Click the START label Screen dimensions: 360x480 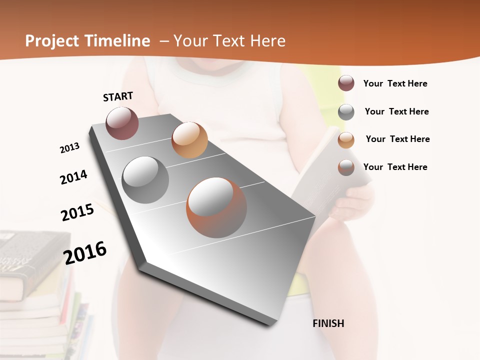(118, 96)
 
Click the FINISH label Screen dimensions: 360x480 (328, 323)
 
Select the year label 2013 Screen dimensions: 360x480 (69, 148)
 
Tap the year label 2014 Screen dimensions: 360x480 (73, 177)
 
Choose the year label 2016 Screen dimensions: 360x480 (85, 252)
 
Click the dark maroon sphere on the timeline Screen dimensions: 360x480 (122, 123)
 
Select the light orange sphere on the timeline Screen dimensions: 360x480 (189, 140)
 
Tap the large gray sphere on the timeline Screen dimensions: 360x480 (145, 180)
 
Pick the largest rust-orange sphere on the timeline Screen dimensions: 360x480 (216, 207)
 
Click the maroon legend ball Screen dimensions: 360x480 (346, 83)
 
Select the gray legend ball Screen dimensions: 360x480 (346, 112)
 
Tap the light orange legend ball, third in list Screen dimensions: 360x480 (346, 140)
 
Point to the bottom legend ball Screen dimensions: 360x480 (346, 167)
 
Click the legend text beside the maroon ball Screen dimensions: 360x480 (395, 83)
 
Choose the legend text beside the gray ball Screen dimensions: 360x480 (396, 111)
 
